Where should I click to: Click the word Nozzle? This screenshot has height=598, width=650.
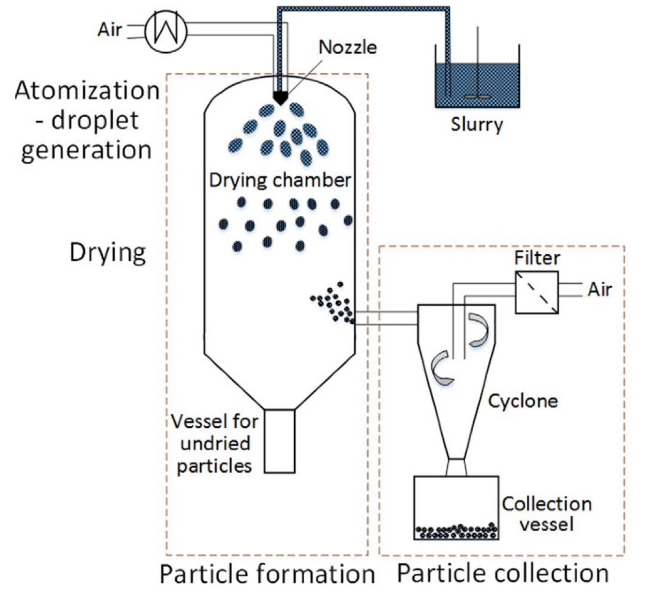348,48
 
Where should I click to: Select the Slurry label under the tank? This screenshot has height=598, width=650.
477,124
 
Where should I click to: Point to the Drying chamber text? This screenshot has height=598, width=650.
280,180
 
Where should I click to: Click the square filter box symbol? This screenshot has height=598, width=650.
537,293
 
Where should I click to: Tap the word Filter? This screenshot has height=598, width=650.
537,258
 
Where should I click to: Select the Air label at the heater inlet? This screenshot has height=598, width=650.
110,30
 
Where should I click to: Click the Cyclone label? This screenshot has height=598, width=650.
523,401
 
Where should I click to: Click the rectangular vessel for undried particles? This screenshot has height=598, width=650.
280,441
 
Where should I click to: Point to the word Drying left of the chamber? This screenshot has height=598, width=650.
108,253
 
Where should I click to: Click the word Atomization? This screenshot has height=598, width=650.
87,91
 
